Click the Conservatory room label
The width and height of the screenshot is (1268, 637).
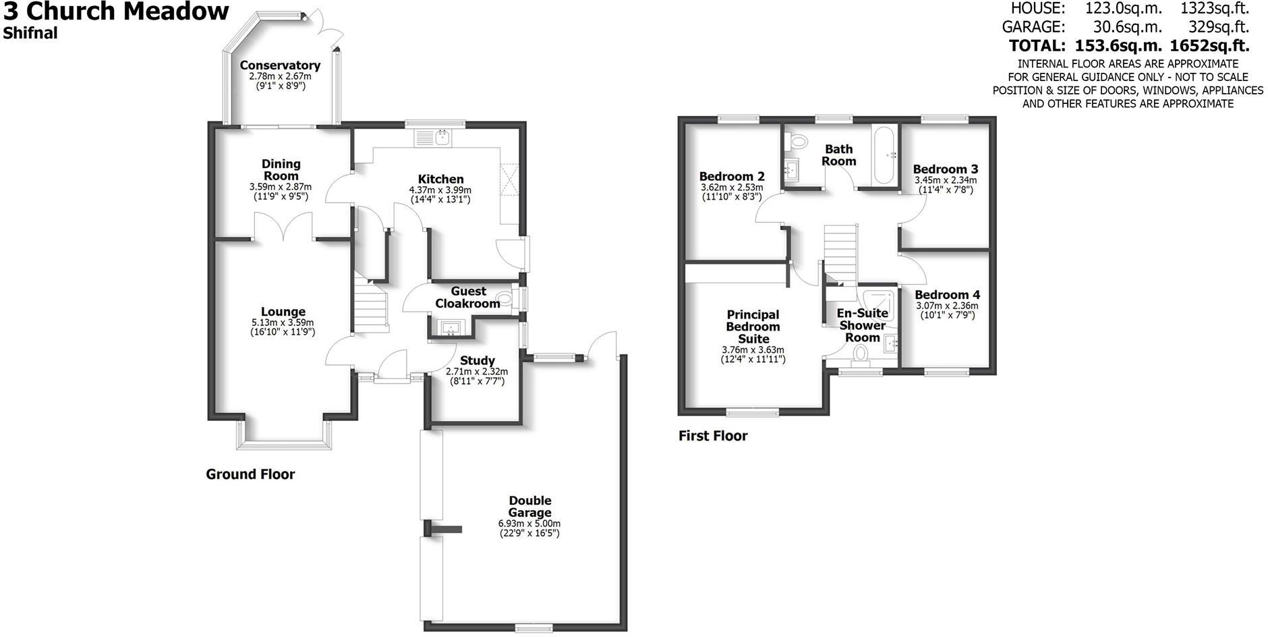click(x=280, y=65)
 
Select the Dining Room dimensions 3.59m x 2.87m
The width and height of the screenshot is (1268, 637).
click(x=281, y=187)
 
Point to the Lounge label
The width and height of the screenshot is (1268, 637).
click(x=283, y=312)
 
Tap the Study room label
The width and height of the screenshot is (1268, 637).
click(x=478, y=361)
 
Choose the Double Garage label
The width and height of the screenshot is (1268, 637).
click(x=529, y=507)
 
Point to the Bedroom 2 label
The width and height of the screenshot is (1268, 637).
click(x=732, y=177)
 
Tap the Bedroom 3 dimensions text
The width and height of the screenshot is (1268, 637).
click(x=946, y=186)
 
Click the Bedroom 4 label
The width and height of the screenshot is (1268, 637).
click(x=947, y=295)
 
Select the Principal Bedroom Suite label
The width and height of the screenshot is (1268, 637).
click(x=753, y=327)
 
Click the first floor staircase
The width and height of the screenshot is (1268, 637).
click(x=840, y=253)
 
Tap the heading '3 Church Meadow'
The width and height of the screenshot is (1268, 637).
click(x=116, y=11)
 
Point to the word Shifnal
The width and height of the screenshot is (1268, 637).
click(x=30, y=33)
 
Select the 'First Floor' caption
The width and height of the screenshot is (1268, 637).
click(x=713, y=436)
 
